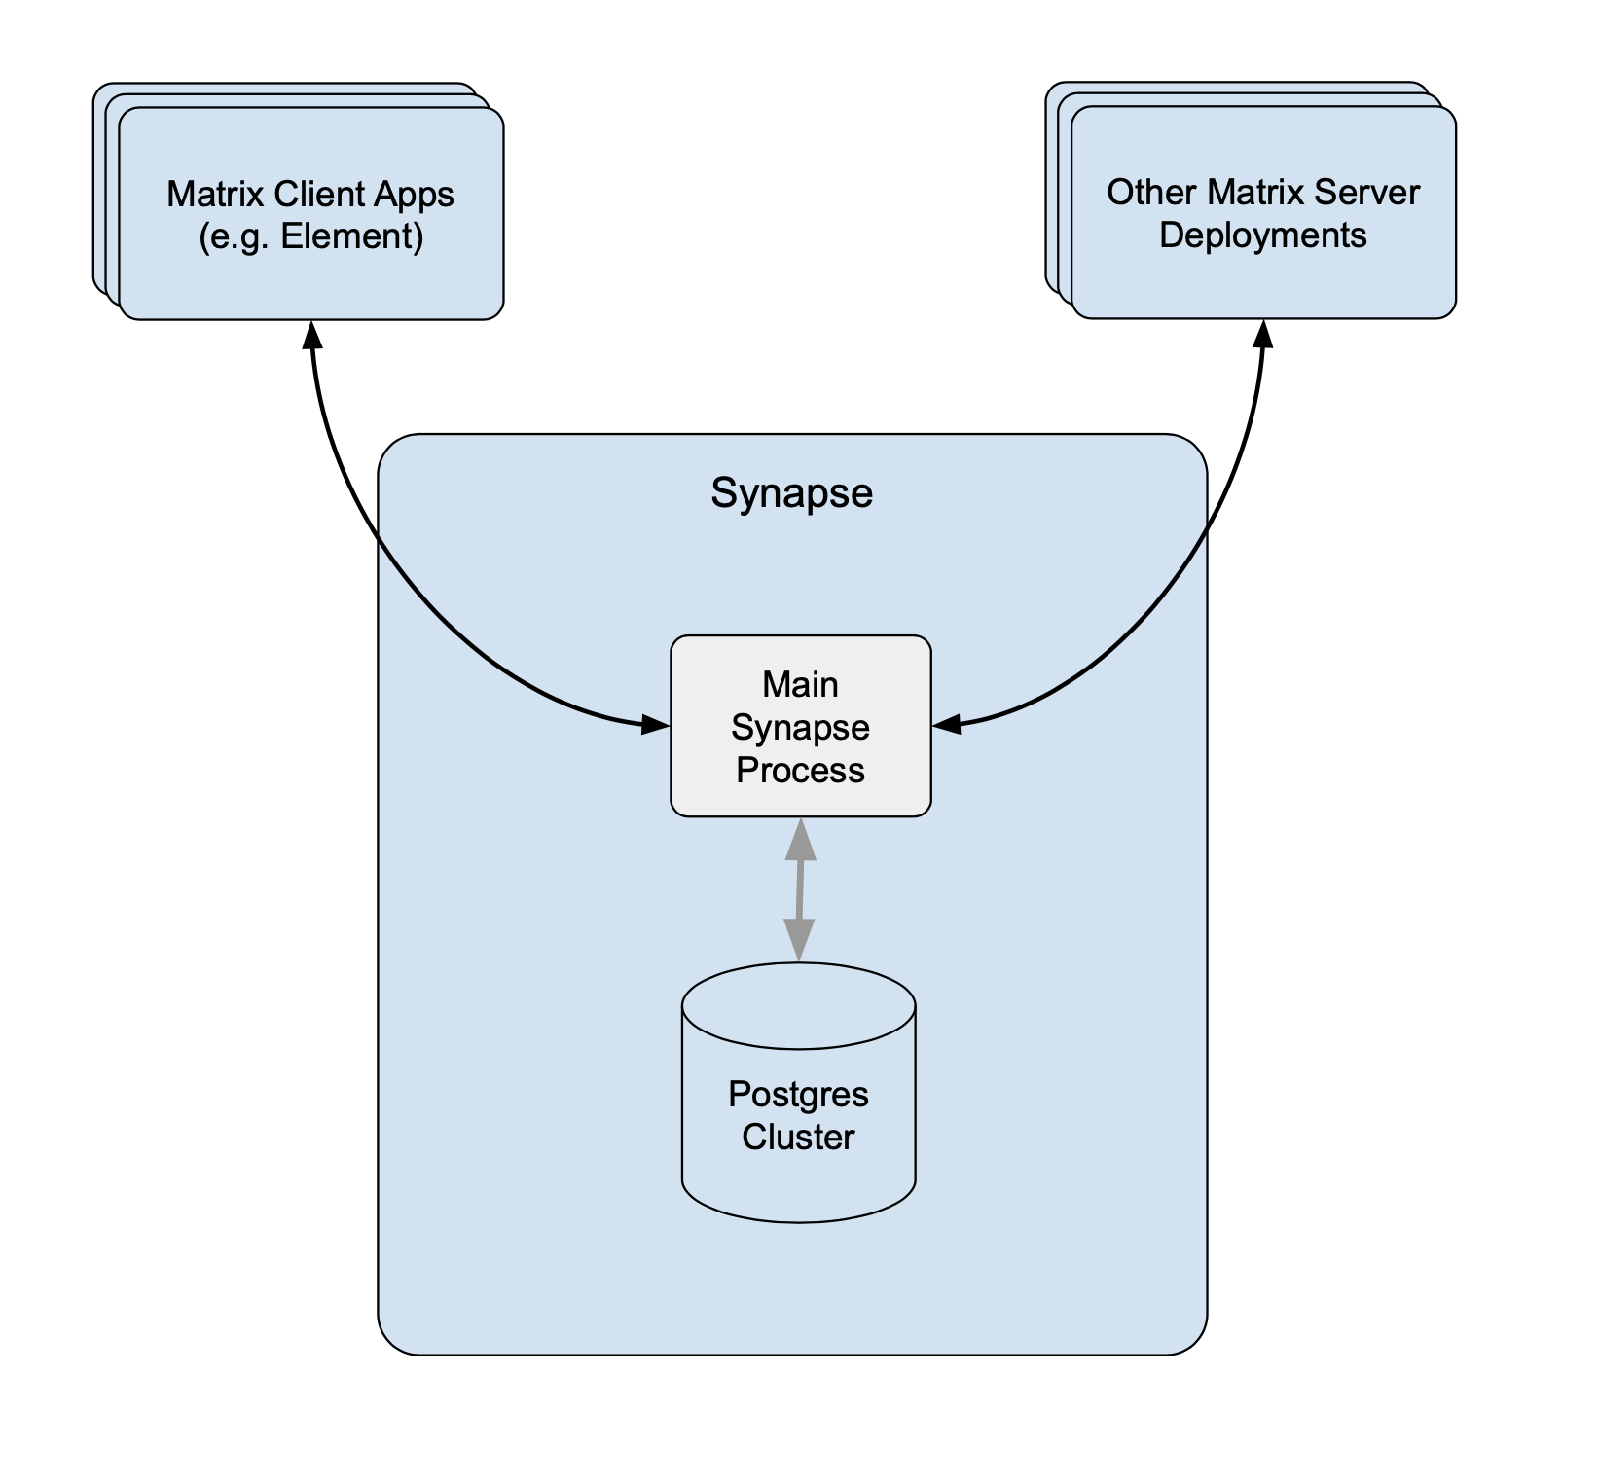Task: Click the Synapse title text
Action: (x=791, y=493)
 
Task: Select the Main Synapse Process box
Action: (x=800, y=726)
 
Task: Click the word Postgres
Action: (x=798, y=1095)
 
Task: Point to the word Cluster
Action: (x=798, y=1138)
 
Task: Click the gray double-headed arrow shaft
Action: (x=800, y=889)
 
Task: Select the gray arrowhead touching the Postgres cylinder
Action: (x=799, y=940)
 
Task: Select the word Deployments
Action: (x=1263, y=235)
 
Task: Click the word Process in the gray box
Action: (x=800, y=770)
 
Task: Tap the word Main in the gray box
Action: (x=800, y=684)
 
